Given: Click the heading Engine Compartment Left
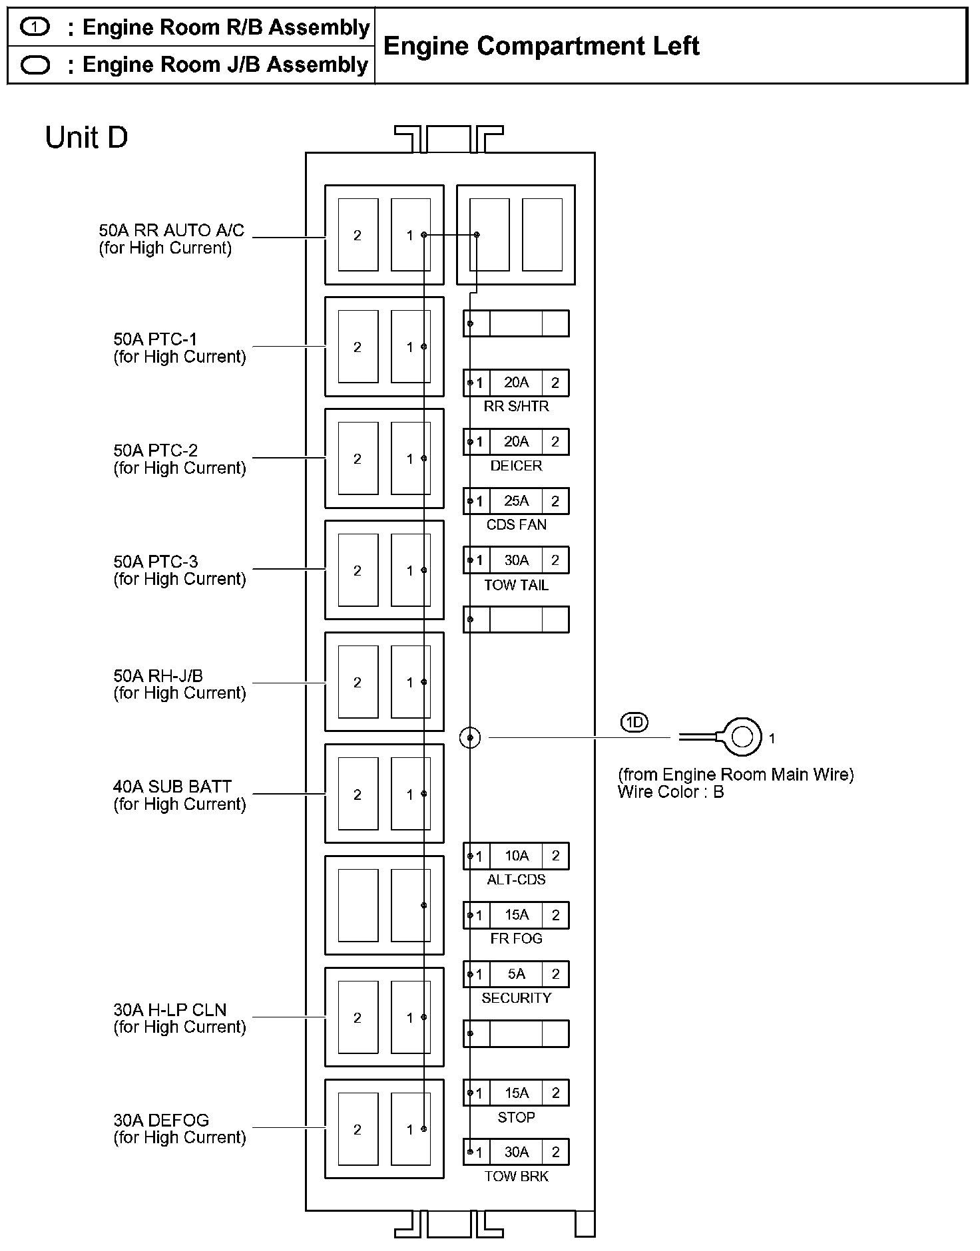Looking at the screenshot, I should pyautogui.click(x=541, y=46).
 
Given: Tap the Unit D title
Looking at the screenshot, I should pyautogui.click(x=86, y=138).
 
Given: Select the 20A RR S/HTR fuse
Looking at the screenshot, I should pyautogui.click(x=516, y=383).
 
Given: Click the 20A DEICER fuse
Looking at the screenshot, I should pyautogui.click(x=516, y=442).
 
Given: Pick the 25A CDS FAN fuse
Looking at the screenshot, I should pyautogui.click(x=516, y=501).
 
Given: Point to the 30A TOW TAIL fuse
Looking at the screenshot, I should pyautogui.click(x=516, y=560).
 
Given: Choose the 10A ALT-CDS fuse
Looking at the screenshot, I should pyautogui.click(x=516, y=856).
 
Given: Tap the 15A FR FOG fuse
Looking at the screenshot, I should pyautogui.click(x=516, y=915).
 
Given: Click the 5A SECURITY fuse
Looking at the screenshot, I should pyautogui.click(x=516, y=974).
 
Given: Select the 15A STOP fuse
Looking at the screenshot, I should pyautogui.click(x=516, y=1093).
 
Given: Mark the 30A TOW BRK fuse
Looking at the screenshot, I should pyautogui.click(x=516, y=1152).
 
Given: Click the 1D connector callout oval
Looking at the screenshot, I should pyautogui.click(x=634, y=722).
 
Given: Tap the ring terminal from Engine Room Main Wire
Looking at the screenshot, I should pyautogui.click(x=742, y=737).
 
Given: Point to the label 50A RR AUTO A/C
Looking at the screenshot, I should pyautogui.click(x=171, y=231).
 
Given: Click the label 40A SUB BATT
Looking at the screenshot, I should pyautogui.click(x=172, y=787).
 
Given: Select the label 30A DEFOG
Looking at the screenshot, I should pyautogui.click(x=161, y=1121).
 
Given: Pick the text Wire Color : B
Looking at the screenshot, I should pyautogui.click(x=670, y=792).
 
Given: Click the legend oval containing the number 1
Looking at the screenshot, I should pyautogui.click(x=35, y=27).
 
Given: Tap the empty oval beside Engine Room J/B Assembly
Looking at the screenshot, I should pyautogui.click(x=35, y=65).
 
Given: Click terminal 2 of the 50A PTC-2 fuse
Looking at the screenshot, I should pyautogui.click(x=358, y=458).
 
